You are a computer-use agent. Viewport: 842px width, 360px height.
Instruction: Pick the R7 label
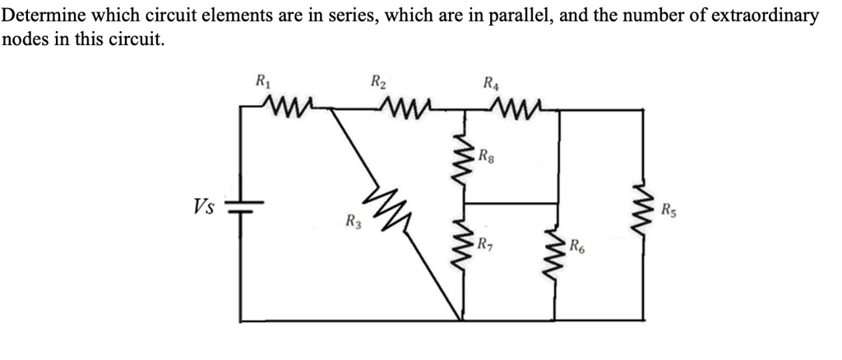pos(488,244)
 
